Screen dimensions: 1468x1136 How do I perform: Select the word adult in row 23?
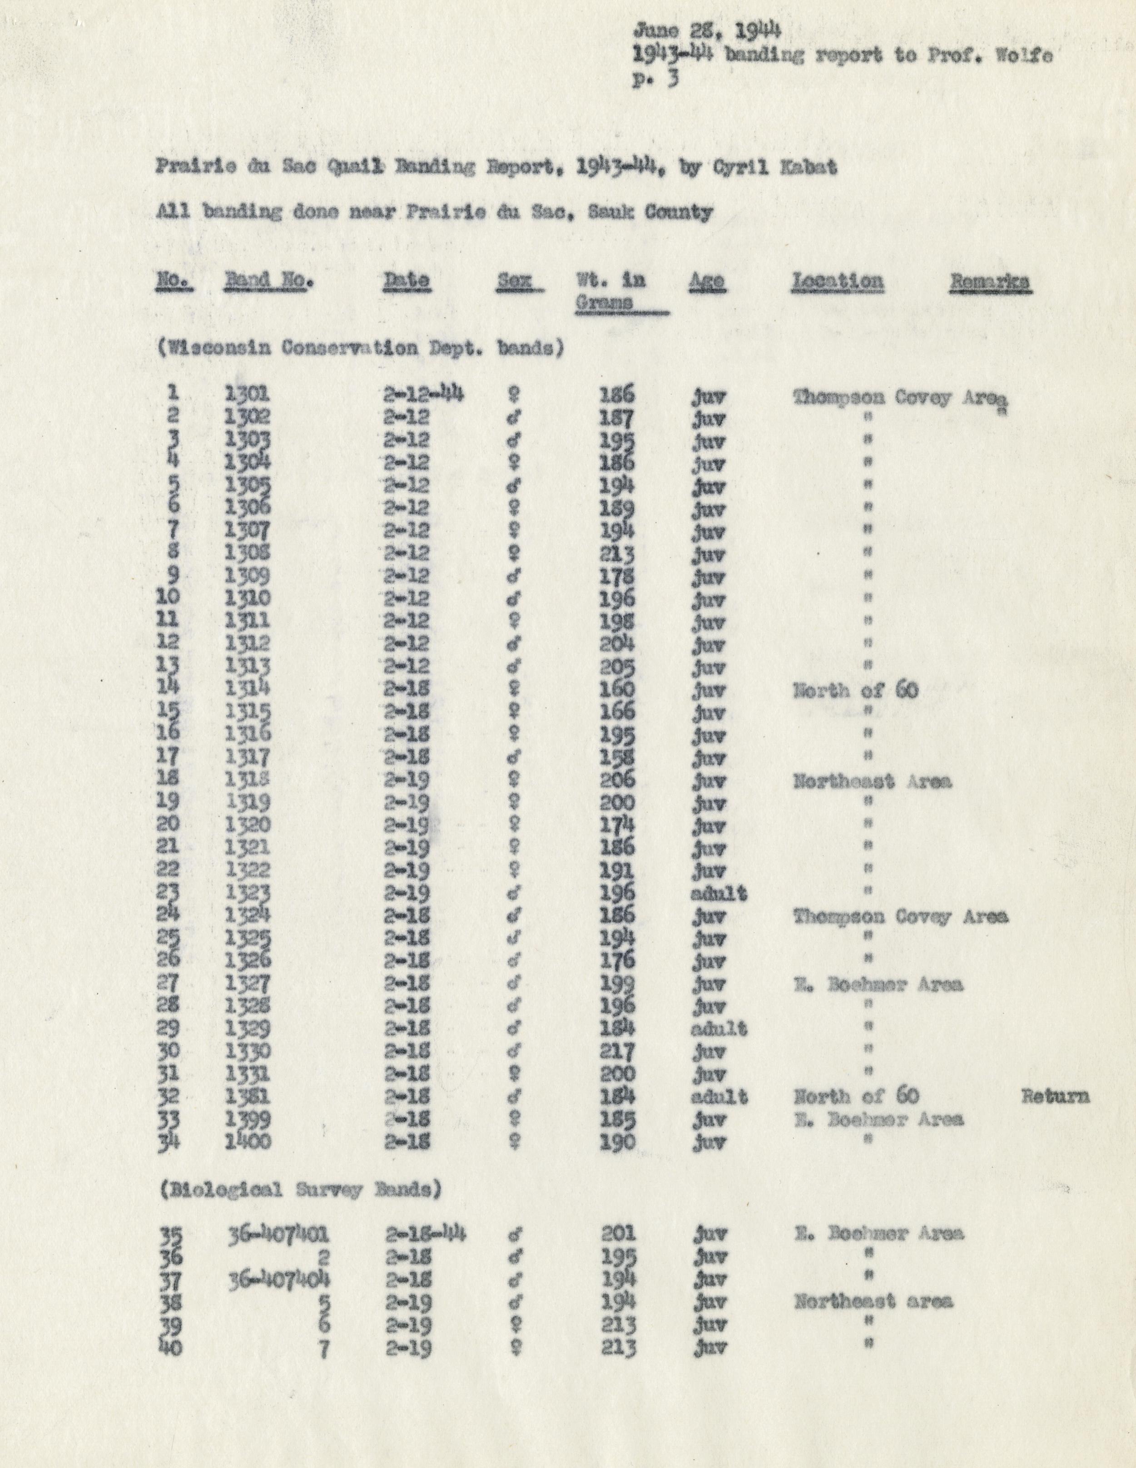[719, 894]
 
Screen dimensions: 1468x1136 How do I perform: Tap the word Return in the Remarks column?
[1055, 1096]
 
